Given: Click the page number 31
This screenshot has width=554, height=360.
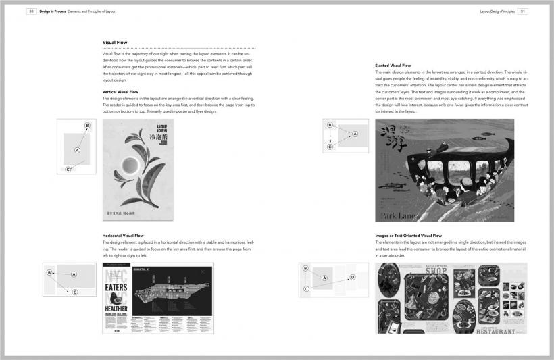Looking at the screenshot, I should click(523, 11).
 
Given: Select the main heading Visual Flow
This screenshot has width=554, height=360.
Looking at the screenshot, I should click(115, 43).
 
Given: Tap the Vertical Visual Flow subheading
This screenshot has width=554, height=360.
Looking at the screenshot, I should click(120, 91).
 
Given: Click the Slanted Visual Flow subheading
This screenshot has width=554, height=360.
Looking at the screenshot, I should click(393, 66).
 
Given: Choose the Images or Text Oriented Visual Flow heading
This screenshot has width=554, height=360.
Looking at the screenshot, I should click(408, 236).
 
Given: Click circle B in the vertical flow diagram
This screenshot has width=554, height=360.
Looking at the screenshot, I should click(87, 126).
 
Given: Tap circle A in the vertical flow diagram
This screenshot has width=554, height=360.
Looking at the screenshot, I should click(77, 149).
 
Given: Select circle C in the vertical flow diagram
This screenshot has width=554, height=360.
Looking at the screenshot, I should click(68, 169).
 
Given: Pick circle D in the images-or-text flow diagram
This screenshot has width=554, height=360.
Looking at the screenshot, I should click(353, 277).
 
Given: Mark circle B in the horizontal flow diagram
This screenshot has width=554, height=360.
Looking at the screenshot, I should click(49, 272).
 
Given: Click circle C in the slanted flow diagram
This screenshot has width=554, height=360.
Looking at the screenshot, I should click(330, 147).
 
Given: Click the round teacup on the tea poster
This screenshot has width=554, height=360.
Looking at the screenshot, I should click(131, 166).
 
